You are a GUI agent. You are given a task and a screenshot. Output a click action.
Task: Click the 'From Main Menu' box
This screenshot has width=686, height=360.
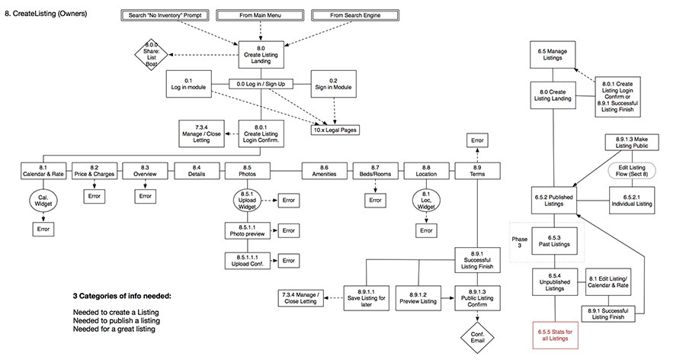point(261,16)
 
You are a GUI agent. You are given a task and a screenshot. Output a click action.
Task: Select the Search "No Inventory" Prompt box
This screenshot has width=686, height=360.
point(165,16)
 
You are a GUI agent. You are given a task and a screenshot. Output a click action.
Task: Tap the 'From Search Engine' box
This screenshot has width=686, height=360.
point(356,16)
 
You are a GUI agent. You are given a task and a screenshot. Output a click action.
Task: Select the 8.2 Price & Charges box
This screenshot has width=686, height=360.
point(95,171)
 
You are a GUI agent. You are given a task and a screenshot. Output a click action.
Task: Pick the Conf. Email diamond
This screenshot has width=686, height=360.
point(478,335)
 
